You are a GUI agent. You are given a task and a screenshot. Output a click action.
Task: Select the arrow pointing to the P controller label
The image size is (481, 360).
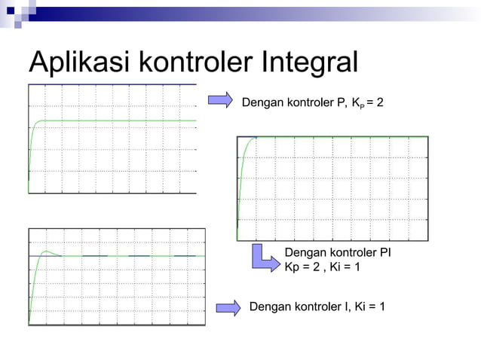220,101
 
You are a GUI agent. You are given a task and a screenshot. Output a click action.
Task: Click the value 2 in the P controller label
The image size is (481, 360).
379,101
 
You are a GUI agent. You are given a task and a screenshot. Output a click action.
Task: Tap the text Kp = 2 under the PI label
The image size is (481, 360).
302,267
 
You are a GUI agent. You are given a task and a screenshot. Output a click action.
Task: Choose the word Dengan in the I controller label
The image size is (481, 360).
269,307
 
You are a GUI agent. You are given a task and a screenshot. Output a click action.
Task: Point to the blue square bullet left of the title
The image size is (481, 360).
18,24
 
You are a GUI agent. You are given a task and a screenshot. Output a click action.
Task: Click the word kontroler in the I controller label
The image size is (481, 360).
316,307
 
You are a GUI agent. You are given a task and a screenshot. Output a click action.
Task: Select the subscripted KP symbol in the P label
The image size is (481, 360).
356,102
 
